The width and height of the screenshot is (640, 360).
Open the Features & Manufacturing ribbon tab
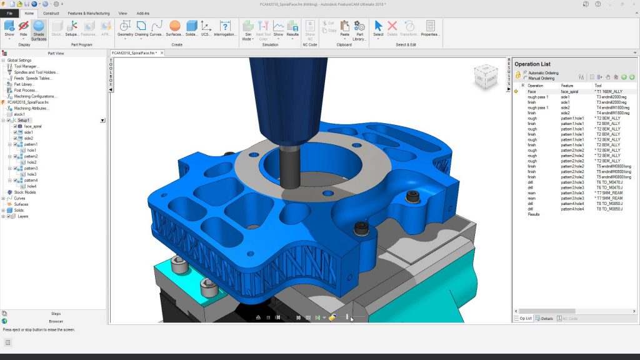pyautogui.click(x=88, y=13)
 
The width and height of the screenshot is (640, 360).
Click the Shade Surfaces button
pyautogui.click(x=39, y=30)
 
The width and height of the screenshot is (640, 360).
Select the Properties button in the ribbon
pyautogui.click(x=430, y=29)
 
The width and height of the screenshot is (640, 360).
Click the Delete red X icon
pyautogui.click(x=392, y=26)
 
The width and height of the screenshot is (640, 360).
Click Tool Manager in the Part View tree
pyautogui.click(x=26, y=66)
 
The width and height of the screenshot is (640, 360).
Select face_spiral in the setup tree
pyautogui.click(x=32, y=126)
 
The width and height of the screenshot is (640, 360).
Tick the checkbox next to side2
pyautogui.click(x=16, y=138)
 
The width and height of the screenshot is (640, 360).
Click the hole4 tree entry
pyautogui.click(x=31, y=186)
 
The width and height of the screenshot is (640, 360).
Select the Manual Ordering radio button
pyautogui.click(x=526, y=78)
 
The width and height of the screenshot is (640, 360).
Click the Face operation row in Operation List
pyautogui.click(x=532, y=92)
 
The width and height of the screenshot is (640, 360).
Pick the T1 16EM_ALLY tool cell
pyautogui.click(x=609, y=92)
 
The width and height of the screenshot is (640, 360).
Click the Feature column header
pyautogui.click(x=567, y=86)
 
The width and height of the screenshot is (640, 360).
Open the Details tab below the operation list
pyautogui.click(x=544, y=319)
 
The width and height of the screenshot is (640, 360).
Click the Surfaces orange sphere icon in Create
pyautogui.click(x=175, y=26)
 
